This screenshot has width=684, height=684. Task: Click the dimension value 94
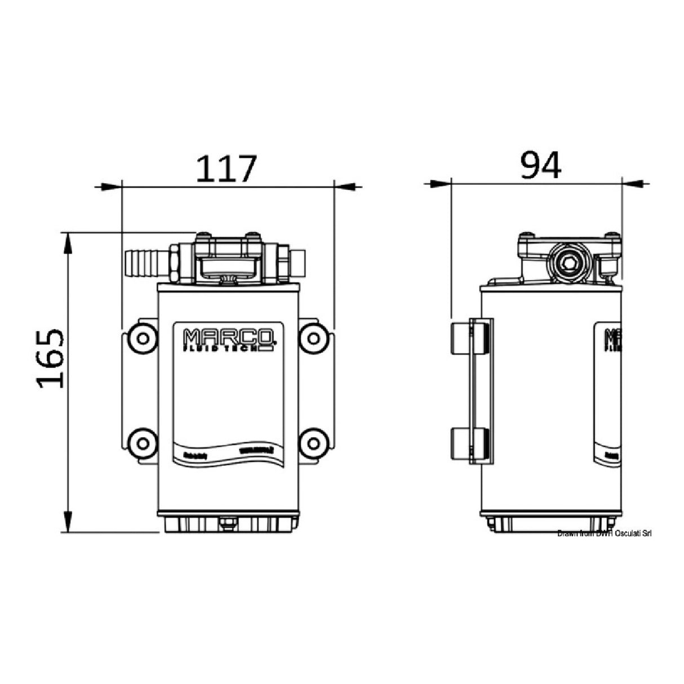540,166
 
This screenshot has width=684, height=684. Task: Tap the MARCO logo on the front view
229,339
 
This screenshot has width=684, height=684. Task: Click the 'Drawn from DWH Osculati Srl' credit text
604,534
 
